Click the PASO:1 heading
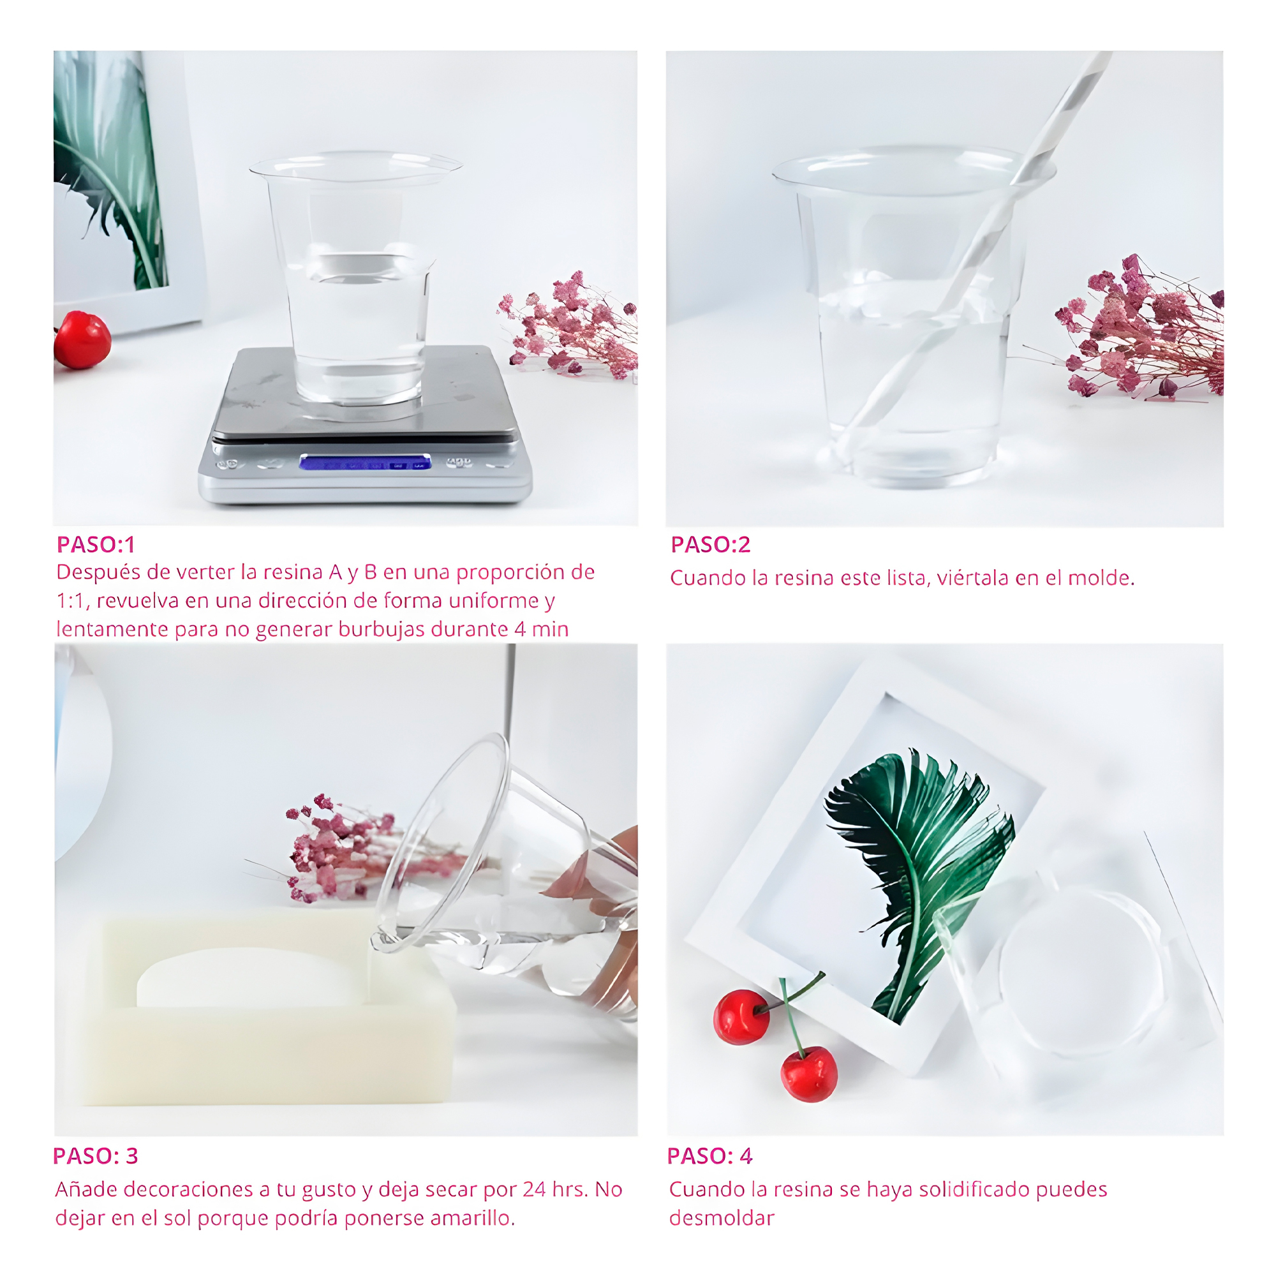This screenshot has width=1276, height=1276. (96, 544)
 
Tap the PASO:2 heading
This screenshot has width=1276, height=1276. (711, 544)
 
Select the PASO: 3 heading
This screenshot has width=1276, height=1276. (96, 1156)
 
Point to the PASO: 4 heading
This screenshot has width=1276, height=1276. (710, 1156)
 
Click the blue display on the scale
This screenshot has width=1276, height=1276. (365, 463)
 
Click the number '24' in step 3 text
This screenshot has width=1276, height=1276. (533, 1189)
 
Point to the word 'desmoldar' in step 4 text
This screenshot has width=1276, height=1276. (721, 1218)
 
